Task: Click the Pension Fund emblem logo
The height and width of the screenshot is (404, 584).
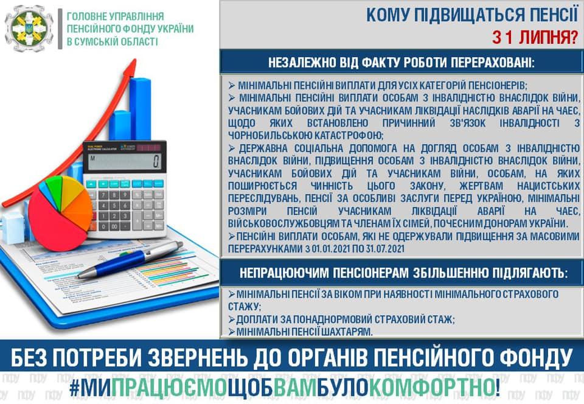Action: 29,29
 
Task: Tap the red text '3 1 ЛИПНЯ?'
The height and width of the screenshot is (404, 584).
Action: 535,37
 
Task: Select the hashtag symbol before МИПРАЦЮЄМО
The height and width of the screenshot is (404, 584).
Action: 74,388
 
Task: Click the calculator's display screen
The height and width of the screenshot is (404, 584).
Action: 125,162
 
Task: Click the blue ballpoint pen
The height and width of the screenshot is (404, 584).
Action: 130,259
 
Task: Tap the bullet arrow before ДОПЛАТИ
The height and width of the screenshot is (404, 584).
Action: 231,319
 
